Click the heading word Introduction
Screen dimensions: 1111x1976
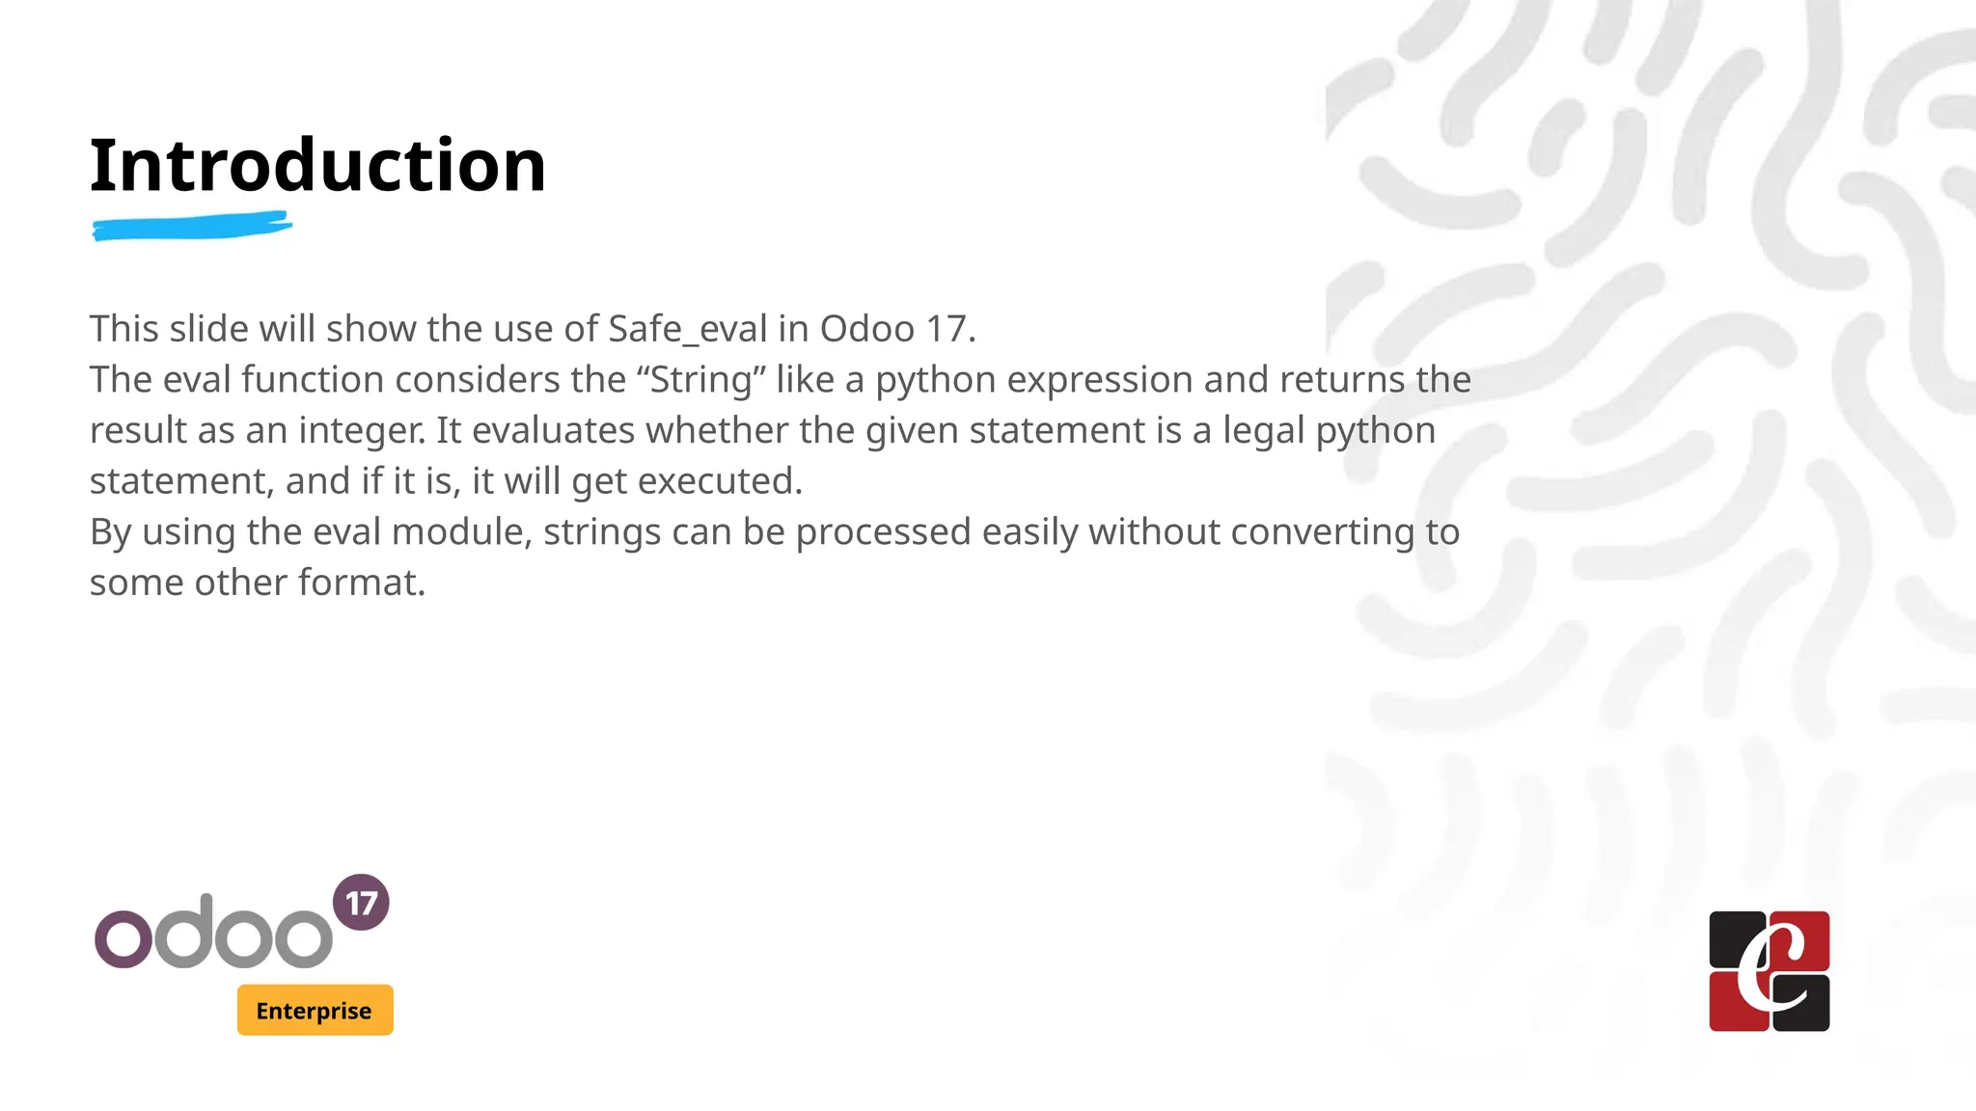[317, 165]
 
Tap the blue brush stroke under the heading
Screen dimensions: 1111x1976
[192, 228]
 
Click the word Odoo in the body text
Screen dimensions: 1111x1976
[866, 329]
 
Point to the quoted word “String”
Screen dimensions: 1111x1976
[700, 380]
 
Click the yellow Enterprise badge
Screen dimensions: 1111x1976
[315, 1010]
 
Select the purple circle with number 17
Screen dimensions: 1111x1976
[361, 903]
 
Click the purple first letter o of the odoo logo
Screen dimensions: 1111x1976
[123, 938]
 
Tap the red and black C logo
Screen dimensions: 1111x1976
[1769, 971]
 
